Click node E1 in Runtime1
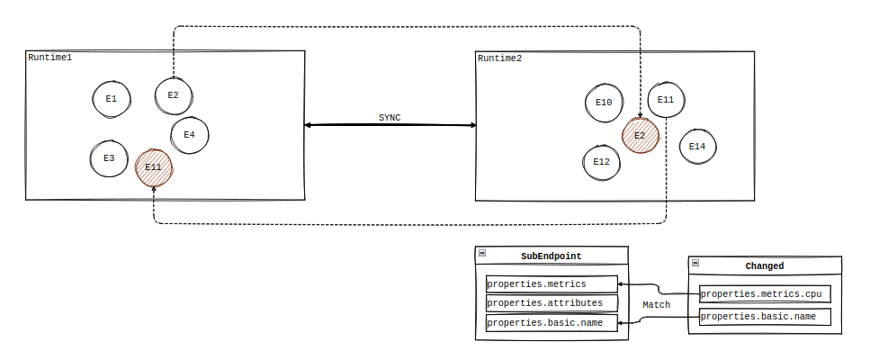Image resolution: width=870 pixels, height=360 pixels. coord(111,98)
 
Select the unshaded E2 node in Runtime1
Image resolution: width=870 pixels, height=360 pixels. coord(174,95)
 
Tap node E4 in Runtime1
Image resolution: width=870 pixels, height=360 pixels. coord(190,135)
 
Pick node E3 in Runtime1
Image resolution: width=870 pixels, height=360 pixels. coord(109,158)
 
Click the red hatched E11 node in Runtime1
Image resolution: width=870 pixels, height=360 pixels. coord(154,167)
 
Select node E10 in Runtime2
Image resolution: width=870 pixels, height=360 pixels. coord(604,103)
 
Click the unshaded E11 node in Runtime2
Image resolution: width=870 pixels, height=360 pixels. coord(666,100)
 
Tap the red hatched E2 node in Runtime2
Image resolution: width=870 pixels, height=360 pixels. coord(641,136)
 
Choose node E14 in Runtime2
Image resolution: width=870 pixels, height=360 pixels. coord(697,146)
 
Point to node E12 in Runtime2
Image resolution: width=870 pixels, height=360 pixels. coord(602,163)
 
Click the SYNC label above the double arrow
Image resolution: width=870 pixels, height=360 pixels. coord(390,118)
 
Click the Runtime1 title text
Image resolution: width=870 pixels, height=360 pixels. coord(49,58)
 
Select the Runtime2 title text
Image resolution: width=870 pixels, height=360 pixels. coord(499,58)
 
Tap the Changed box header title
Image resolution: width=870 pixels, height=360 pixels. coord(764,266)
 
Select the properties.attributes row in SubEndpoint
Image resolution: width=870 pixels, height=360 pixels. coord(552,303)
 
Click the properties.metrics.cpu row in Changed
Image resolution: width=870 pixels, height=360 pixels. coord(764,293)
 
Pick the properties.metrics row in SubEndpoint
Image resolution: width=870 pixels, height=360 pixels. coord(552,284)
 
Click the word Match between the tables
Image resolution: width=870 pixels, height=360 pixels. coord(656,305)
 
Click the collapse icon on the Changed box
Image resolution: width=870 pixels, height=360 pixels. coord(696,263)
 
